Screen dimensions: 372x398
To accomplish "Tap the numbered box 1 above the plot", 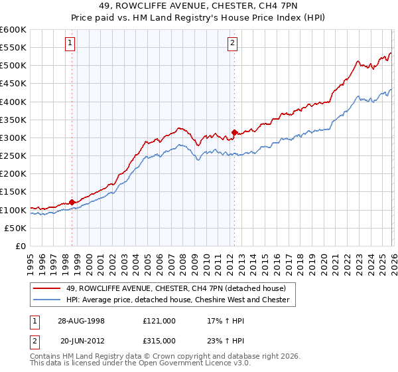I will (x=70, y=44).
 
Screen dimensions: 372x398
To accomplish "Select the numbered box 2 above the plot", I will (x=233, y=44).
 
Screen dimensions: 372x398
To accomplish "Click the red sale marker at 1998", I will (x=72, y=202).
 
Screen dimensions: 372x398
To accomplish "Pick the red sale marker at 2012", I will (x=234, y=132).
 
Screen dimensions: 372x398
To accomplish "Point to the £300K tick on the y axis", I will (x=13, y=138).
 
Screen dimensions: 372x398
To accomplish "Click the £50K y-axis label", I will (x=15, y=228).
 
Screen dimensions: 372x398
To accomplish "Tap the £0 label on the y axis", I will (x=21, y=246).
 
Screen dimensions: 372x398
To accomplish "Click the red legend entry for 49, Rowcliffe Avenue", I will (x=176, y=288).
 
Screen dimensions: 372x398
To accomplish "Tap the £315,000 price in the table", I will (x=159, y=340).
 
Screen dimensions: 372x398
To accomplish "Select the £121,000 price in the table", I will (x=159, y=320).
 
